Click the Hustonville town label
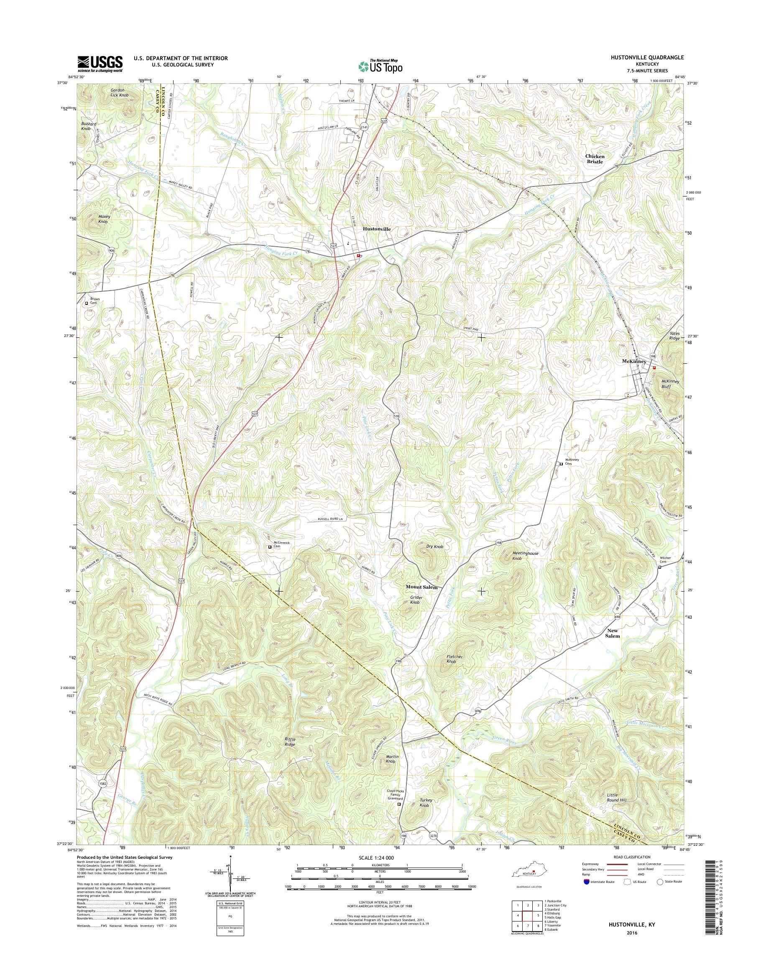tap(376, 229)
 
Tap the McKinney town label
tap(633, 361)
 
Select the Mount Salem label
tap(421, 587)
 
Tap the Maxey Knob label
tap(104, 219)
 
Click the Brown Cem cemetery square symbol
tap(87, 304)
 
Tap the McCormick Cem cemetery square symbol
tap(270, 547)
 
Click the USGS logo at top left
tap(100, 64)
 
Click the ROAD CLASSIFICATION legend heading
tap(631, 857)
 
